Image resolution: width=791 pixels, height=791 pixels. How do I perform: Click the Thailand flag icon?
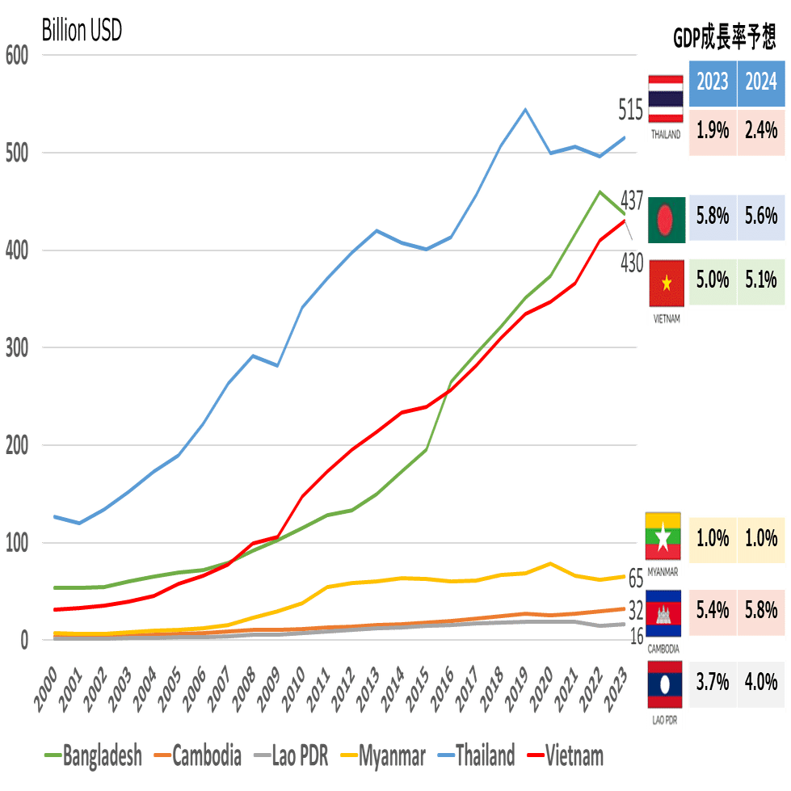click(666, 100)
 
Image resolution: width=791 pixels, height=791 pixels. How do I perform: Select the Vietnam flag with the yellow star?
click(667, 284)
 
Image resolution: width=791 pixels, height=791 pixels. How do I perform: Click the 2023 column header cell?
click(712, 82)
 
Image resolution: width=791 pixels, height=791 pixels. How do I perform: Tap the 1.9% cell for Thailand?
click(712, 130)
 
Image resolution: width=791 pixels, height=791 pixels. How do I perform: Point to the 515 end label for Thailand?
click(631, 108)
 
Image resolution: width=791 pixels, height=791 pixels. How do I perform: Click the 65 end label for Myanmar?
click(636, 579)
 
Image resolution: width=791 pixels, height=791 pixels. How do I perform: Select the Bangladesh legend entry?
click(92, 756)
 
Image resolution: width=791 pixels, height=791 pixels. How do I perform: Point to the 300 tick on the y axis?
click(17, 347)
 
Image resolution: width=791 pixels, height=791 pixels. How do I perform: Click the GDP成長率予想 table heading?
click(724, 37)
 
